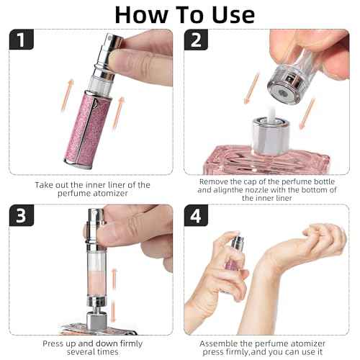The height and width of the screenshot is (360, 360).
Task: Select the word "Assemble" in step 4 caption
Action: click(x=221, y=343)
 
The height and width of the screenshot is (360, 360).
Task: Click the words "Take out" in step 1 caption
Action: click(x=53, y=185)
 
